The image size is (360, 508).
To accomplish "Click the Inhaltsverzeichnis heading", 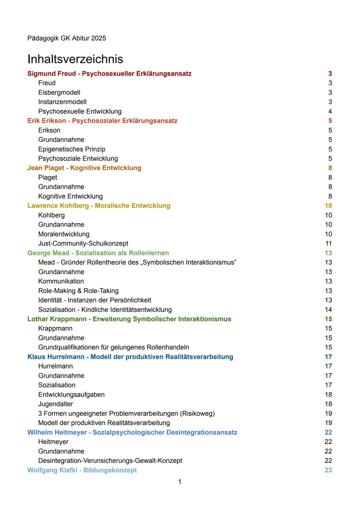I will (75, 59).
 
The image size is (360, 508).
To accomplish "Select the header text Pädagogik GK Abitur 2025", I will (67, 38).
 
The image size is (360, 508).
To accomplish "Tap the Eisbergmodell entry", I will (59, 93).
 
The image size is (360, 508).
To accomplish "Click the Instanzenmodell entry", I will (62, 102).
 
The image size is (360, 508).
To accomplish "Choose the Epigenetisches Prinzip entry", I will (72, 149).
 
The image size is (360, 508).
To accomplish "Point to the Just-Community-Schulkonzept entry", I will (83, 244).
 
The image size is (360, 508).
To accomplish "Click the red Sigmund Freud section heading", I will (109, 74).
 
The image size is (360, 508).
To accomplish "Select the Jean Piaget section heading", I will (84, 168).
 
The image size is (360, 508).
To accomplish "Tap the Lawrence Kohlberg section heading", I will (99, 206).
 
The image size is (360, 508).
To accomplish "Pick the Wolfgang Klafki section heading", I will (82, 470).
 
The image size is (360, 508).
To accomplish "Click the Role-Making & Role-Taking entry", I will (78, 291).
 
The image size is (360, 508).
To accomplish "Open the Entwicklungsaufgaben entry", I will (71, 395).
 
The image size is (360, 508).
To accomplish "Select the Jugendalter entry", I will (55, 404).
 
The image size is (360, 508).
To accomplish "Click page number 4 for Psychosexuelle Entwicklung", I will (330, 112).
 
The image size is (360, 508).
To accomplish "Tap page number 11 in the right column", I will (328, 244).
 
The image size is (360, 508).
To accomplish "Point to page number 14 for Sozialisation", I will (328, 310).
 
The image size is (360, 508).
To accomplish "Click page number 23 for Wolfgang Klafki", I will (328, 470).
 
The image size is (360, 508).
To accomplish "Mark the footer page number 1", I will (180, 482).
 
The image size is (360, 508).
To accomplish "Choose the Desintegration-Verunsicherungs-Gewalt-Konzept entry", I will (110, 461).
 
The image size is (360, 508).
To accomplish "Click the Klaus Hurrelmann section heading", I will (130, 357).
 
